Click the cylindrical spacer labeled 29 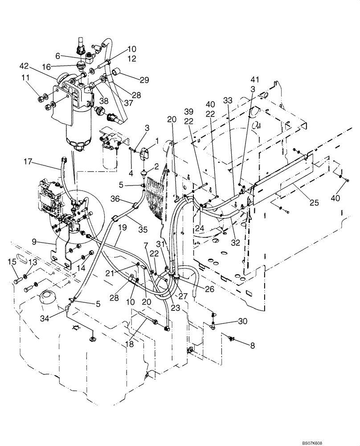click(118, 71)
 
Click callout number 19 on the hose click(123, 227)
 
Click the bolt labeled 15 click(20, 281)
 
